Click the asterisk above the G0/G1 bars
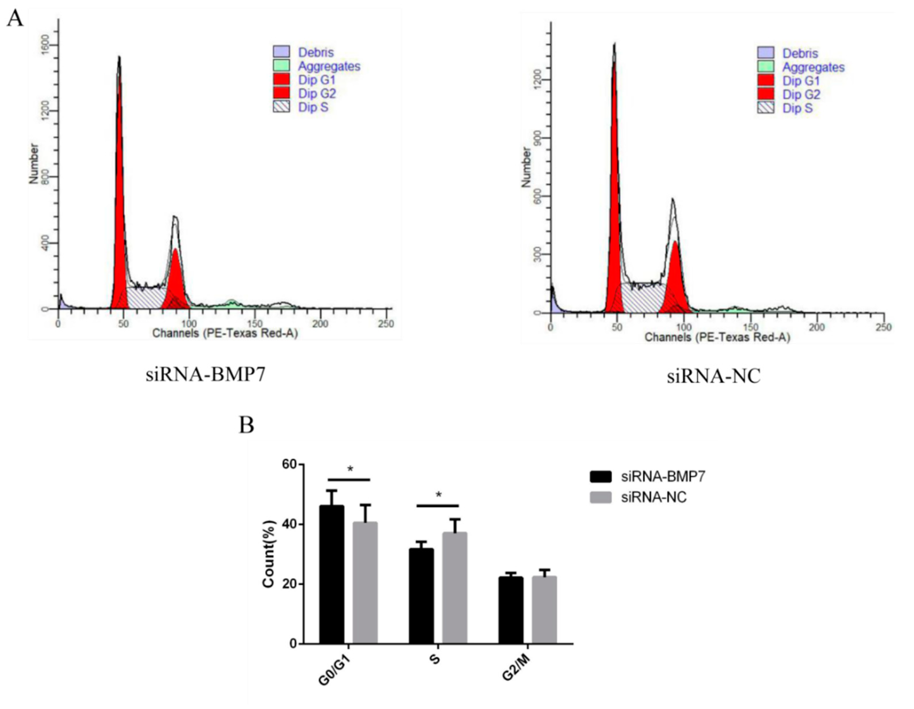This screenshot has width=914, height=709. (350, 469)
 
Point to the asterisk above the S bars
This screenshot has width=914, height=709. (439, 495)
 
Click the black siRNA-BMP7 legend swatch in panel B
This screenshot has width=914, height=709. (601, 476)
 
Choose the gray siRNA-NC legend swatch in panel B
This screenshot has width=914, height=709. (601, 497)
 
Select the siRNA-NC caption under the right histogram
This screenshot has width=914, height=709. (713, 376)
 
